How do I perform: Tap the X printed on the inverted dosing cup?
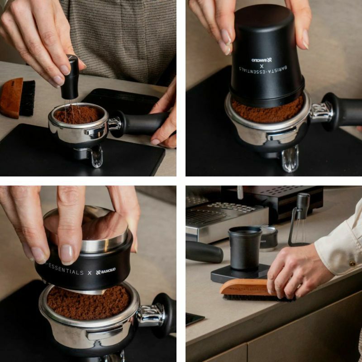[262, 67]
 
